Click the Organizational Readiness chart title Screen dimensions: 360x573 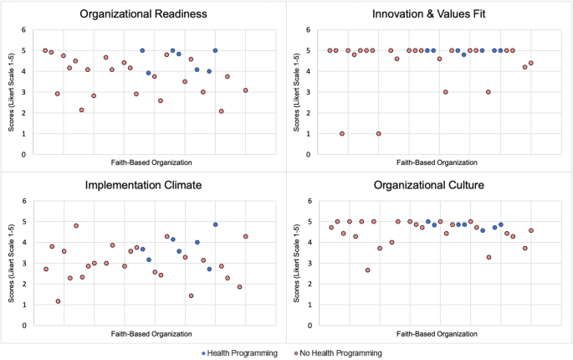click(x=145, y=13)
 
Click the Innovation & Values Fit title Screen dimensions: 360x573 click(x=429, y=13)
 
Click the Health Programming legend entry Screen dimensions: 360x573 click(x=243, y=352)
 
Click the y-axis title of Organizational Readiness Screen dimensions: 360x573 click(x=12, y=92)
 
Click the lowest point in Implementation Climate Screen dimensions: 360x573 click(x=58, y=301)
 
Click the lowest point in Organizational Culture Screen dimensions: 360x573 click(x=367, y=270)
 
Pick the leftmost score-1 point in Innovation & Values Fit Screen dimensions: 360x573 click(x=342, y=134)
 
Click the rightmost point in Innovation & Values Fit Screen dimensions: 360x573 click(x=530, y=63)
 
